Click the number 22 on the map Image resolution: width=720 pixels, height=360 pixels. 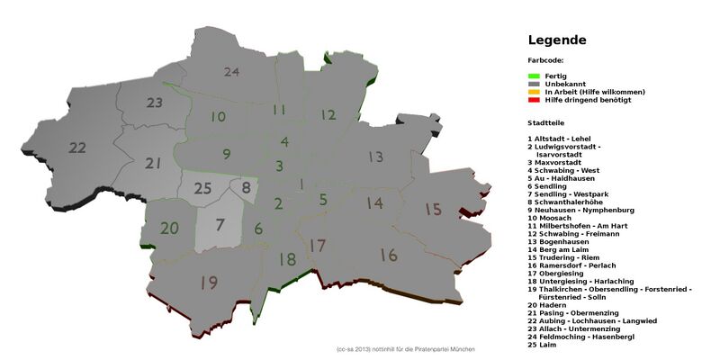point(77,147)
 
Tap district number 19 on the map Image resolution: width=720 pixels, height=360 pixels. point(209,283)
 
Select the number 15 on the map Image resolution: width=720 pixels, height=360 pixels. point(434,209)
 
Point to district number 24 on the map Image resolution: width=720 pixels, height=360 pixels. point(232,71)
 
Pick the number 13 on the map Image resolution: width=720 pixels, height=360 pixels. point(375,157)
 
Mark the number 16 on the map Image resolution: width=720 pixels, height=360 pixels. point(389,256)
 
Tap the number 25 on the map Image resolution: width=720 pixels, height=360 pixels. point(203,188)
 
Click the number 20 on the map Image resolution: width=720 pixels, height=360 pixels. point(170,228)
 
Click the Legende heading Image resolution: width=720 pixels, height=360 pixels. point(557,40)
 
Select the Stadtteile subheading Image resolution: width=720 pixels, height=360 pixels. point(550,120)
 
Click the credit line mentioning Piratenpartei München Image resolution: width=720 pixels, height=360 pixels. point(405,348)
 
